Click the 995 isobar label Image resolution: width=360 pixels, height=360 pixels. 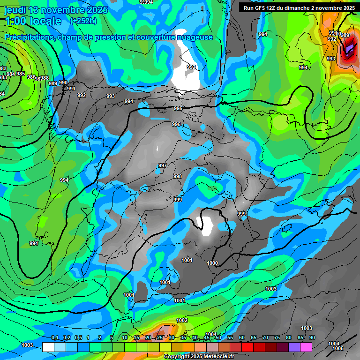178,109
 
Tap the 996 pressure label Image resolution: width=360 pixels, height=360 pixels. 176,124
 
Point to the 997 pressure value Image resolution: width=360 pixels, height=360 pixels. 163,166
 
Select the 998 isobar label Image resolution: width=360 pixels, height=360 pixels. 178,176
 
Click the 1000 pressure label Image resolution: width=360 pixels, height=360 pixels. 212,263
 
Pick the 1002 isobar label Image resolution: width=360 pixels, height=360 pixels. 182,321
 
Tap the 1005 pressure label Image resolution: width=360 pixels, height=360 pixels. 337,349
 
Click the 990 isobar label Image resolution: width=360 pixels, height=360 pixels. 63,83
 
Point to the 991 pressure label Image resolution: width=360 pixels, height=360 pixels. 71,89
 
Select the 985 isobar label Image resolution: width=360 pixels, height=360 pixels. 21,74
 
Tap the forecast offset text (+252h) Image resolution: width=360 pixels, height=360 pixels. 83,21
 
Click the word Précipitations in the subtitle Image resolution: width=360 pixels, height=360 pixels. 27,37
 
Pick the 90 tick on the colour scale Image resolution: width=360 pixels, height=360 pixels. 312,338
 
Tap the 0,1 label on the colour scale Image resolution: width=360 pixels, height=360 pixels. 55,338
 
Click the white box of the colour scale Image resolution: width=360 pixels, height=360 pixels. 48,347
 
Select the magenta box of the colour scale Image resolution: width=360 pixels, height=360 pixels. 306,347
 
